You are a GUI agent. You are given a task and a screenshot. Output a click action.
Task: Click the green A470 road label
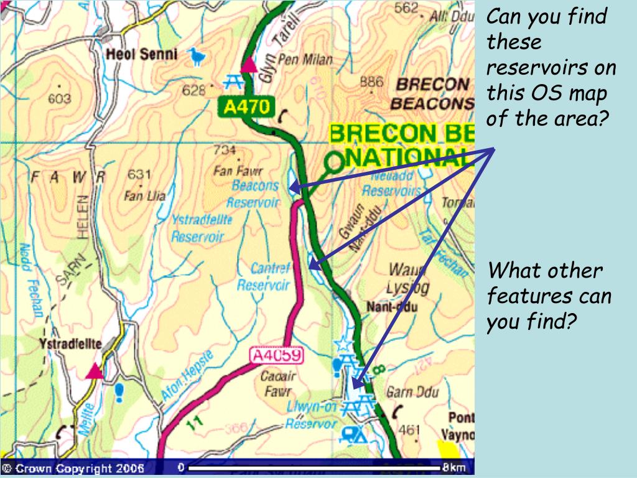246,107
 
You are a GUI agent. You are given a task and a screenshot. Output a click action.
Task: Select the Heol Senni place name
142,55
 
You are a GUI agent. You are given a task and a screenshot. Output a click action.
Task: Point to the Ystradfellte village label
70,344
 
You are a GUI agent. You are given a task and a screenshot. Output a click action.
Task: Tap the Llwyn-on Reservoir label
312,415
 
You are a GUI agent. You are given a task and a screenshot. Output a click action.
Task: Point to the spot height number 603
60,99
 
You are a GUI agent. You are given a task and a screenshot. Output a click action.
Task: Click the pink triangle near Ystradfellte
95,372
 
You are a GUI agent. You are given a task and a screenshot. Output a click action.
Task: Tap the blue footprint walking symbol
119,391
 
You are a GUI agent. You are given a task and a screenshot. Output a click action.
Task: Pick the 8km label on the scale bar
454,467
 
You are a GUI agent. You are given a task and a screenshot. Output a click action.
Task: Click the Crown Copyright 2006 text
73,468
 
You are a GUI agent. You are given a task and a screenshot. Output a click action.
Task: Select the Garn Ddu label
412,392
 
